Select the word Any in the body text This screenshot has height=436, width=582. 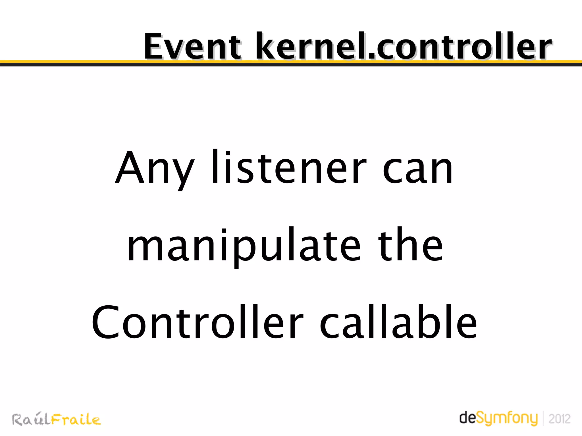pos(155,169)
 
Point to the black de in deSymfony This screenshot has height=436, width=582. pos(467,418)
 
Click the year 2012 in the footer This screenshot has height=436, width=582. pos(559,419)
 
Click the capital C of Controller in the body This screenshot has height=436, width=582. pos(105,322)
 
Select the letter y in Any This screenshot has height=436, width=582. pos(184,173)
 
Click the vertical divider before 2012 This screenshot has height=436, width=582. pos(543,418)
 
